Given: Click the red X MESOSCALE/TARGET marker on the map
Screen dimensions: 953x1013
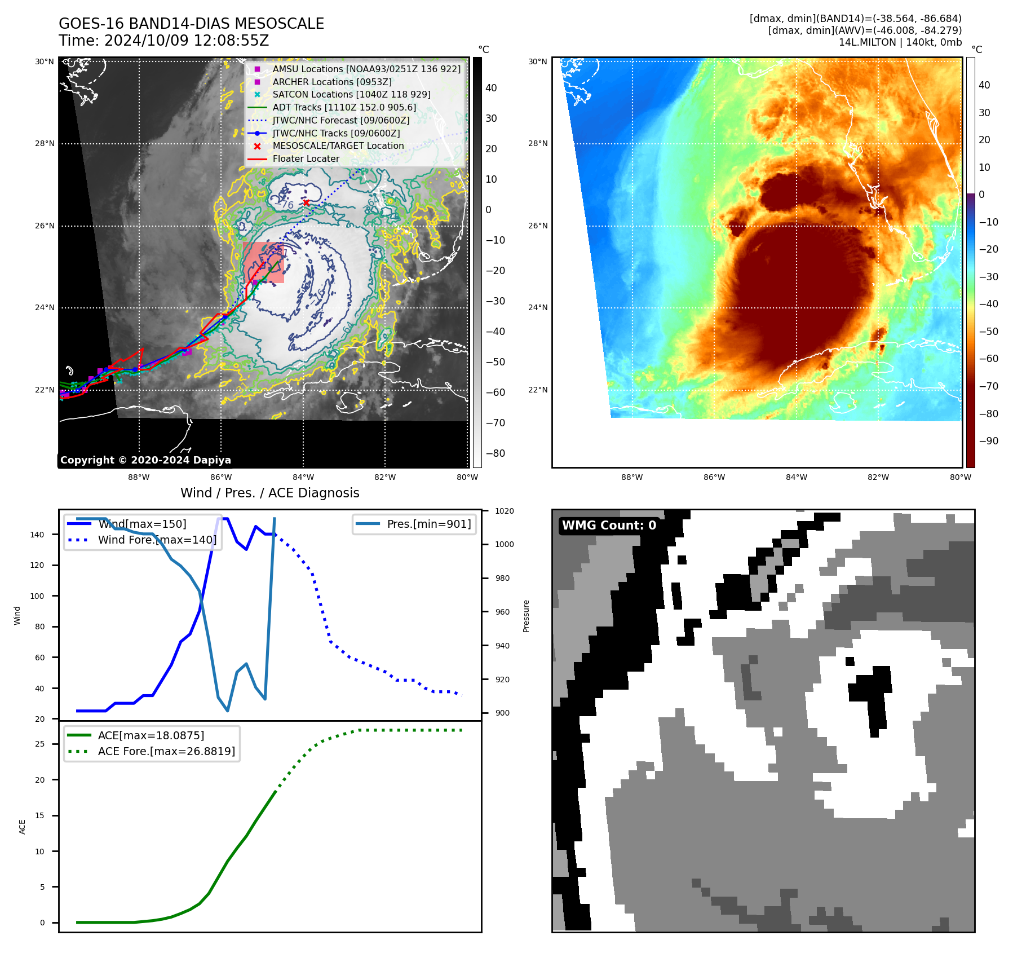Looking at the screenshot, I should tap(306, 202).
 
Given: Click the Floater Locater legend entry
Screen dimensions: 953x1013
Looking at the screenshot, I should tap(306, 158).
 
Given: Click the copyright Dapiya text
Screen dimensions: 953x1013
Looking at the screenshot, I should tap(145, 460).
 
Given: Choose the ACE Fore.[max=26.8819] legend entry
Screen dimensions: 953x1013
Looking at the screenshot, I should tap(166, 751).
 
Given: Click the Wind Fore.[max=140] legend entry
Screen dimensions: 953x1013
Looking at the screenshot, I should tap(157, 540).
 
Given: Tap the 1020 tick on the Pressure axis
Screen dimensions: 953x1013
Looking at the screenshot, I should tap(504, 511).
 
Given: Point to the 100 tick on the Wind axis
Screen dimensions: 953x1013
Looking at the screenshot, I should tap(37, 596).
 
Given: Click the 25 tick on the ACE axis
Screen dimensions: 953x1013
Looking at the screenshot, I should tap(39, 744).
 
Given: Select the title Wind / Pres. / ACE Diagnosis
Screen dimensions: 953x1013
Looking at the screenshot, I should tap(269, 493).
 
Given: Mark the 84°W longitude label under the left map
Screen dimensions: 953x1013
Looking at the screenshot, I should tap(303, 477).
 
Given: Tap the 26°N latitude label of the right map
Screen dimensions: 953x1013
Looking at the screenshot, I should tap(537, 226).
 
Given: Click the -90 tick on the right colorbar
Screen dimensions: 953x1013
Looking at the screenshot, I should tap(988, 441).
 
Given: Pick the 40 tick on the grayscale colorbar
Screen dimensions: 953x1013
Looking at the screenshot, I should tap(491, 88).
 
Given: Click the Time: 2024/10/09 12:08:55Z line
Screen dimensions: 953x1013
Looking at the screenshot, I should tap(163, 41).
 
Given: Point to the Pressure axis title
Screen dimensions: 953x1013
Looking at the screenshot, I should tap(526, 616).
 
